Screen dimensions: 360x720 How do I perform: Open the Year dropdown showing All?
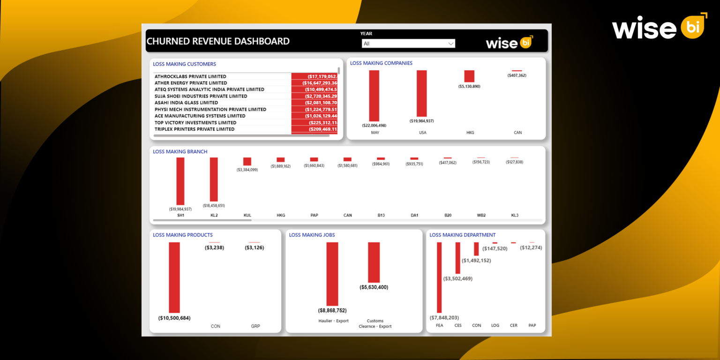pyautogui.click(x=408, y=44)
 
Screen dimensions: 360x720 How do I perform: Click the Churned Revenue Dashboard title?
pyautogui.click(x=218, y=41)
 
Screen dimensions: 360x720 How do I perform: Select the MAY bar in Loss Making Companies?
pyautogui.click(x=374, y=96)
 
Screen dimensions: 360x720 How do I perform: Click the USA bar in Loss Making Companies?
pyautogui.click(x=422, y=93)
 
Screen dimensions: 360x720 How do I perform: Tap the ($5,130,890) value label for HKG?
pyautogui.click(x=469, y=86)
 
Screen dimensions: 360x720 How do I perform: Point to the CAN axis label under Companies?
pyautogui.click(x=517, y=133)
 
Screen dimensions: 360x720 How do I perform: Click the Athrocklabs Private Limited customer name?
pyautogui.click(x=190, y=76)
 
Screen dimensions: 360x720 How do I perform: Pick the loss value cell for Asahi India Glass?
pyautogui.click(x=315, y=103)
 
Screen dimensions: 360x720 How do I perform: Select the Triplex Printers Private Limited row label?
pyautogui.click(x=195, y=129)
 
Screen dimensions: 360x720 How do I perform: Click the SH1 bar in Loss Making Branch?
pyautogui.click(x=180, y=181)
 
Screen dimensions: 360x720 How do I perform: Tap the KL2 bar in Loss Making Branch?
pyautogui.click(x=214, y=179)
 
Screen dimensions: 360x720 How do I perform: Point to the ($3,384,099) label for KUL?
pyautogui.click(x=247, y=170)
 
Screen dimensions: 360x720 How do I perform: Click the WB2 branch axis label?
pyautogui.click(x=481, y=215)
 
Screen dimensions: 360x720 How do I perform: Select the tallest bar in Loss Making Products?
pyautogui.click(x=174, y=277)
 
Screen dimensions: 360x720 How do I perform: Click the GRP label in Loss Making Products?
pyautogui.click(x=255, y=326)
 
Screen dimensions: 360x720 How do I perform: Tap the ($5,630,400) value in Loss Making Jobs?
pyautogui.click(x=374, y=287)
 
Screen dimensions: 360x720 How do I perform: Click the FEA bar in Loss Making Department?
pyautogui.click(x=439, y=277)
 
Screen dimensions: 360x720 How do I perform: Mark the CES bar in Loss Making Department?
pyautogui.click(x=458, y=258)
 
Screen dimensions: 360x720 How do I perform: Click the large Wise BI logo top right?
pyautogui.click(x=659, y=28)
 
